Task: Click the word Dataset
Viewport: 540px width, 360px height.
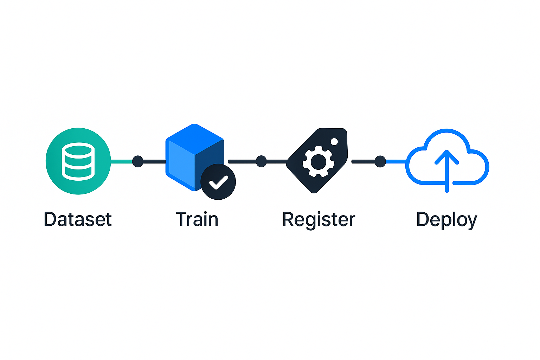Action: tap(78, 219)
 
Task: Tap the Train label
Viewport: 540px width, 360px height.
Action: tap(197, 219)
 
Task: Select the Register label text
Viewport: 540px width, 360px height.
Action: tap(319, 219)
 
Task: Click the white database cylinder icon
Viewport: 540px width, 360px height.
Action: tap(78, 161)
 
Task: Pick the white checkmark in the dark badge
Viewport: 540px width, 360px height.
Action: tap(218, 182)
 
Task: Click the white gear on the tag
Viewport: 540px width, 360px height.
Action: tap(319, 162)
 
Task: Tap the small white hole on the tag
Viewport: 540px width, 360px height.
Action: tap(334, 142)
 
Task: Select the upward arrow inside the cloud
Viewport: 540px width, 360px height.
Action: tap(446, 169)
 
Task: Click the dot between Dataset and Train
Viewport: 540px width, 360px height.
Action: tap(137, 161)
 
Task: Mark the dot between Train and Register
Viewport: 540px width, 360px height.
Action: tap(261, 161)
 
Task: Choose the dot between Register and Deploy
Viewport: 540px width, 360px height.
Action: tap(380, 161)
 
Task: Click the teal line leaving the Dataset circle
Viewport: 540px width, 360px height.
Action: tap(121, 161)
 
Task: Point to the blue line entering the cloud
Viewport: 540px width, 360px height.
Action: tap(396, 161)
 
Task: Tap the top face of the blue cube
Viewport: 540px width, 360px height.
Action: tap(194, 139)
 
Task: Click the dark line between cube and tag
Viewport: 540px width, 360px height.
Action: tap(243, 161)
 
